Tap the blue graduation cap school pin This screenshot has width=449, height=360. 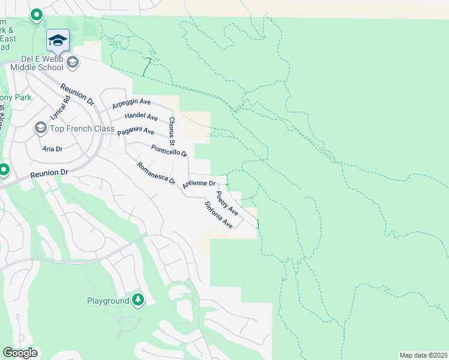pos(58,41)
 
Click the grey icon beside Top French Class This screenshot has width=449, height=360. pos(40,128)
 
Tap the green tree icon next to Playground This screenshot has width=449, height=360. pos(138,299)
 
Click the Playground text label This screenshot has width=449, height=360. pos(107,301)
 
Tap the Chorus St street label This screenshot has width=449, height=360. pos(171,131)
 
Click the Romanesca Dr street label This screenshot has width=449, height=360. pos(155,173)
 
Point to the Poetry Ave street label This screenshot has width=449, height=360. pos(227,203)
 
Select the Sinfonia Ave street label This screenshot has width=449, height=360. pos(218,215)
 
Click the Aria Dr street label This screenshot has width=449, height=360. pos(53,148)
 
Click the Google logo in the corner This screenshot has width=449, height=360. pos(20,353)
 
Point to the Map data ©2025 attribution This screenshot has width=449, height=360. pos(423,355)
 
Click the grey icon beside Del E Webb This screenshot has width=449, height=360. pos(73,62)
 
